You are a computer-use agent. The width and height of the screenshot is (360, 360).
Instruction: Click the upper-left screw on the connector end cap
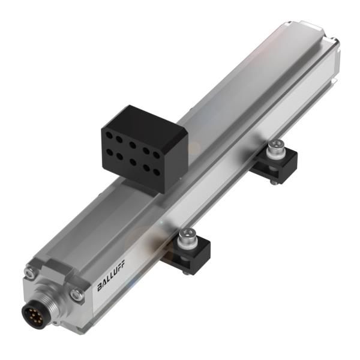[x=29, y=272]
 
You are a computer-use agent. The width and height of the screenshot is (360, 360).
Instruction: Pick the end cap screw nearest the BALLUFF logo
[x=75, y=293]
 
